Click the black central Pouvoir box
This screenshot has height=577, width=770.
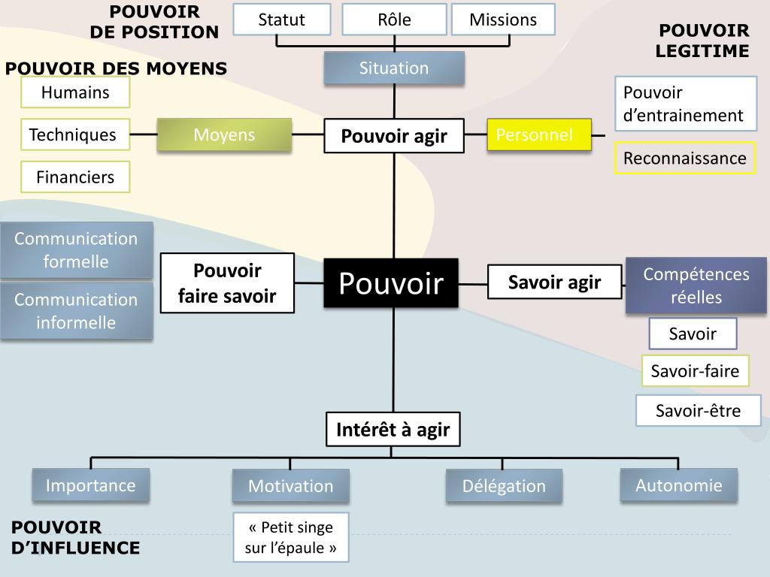click(x=391, y=283)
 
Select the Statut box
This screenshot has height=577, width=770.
click(x=281, y=20)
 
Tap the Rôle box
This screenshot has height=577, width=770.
click(x=394, y=20)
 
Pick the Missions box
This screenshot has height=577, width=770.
click(x=503, y=20)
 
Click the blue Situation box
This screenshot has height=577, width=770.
click(x=394, y=68)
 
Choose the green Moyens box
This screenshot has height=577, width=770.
click(x=224, y=135)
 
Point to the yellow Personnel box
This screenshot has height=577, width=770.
click(x=538, y=135)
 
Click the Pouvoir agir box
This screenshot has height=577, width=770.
click(x=394, y=136)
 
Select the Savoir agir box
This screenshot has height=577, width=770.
click(x=554, y=282)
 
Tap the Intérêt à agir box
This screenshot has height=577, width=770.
click(x=393, y=430)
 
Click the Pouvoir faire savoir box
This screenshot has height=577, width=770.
click(x=227, y=283)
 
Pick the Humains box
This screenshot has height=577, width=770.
click(x=75, y=93)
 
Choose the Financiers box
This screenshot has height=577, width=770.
click(x=75, y=177)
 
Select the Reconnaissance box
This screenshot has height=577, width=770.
click(x=685, y=159)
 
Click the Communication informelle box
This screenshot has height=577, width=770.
click(x=76, y=311)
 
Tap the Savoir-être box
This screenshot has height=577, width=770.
click(x=698, y=411)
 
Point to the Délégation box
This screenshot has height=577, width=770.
click(x=505, y=486)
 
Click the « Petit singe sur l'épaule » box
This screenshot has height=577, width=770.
click(x=291, y=537)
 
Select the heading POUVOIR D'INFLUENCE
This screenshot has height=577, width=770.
click(x=75, y=538)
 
